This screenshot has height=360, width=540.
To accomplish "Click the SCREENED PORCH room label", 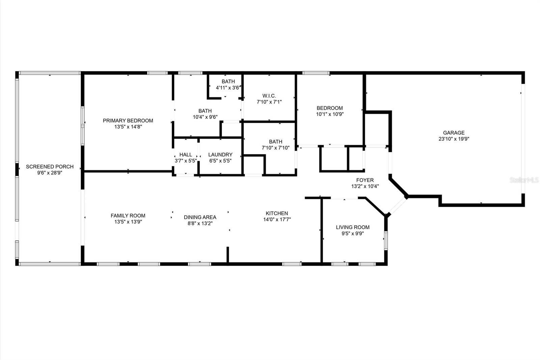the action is [x=50, y=167].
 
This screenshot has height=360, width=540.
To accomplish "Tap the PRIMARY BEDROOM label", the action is [x=128, y=121].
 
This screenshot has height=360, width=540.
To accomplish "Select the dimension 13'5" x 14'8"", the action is [x=128, y=127].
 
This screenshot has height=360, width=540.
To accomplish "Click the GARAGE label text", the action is [x=454, y=133].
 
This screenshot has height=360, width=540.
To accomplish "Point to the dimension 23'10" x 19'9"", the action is [x=454, y=139].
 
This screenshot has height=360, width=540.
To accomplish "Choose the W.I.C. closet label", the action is [x=269, y=96].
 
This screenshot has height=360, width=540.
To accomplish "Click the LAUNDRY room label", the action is [x=220, y=155].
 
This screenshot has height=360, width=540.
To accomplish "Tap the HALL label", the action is [x=186, y=155].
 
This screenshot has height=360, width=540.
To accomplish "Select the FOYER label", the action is [x=365, y=180].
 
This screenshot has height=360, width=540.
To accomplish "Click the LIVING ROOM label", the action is [x=353, y=227].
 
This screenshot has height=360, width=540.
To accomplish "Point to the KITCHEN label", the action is [x=277, y=213].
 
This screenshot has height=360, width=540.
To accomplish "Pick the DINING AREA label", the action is [x=200, y=217].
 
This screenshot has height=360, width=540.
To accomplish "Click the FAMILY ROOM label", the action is [x=128, y=216].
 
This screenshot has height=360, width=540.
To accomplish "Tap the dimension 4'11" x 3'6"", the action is [x=228, y=88].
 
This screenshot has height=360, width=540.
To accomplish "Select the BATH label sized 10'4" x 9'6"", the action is [x=205, y=111].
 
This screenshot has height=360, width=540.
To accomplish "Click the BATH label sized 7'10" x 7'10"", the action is [x=275, y=142].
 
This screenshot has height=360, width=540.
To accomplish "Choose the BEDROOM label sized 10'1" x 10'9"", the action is [x=329, y=108].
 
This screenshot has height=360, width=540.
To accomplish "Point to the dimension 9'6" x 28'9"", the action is [x=50, y=173].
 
